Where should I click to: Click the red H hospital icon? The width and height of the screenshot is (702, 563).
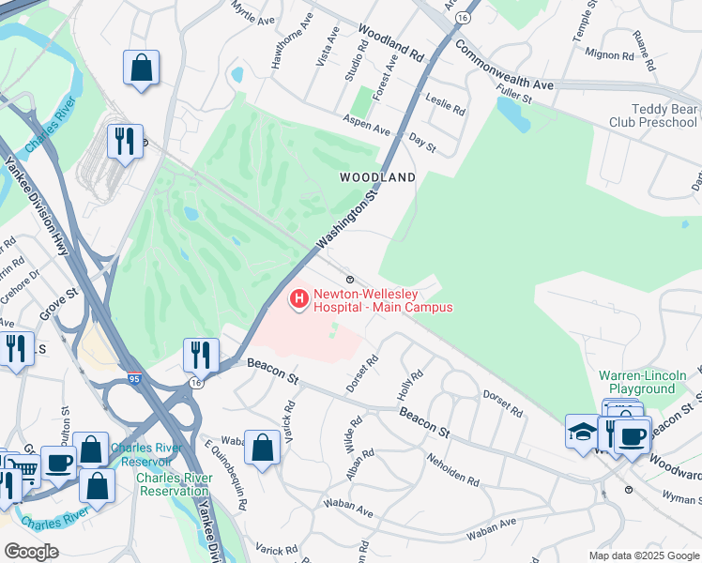(298, 300)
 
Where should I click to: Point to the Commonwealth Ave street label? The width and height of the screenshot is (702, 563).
(504, 66)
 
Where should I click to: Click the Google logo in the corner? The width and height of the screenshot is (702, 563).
(31, 552)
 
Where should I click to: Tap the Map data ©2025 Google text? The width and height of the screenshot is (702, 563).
(644, 555)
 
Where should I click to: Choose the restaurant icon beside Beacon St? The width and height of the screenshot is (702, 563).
(201, 355)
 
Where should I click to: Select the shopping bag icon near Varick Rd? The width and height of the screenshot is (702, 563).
(262, 447)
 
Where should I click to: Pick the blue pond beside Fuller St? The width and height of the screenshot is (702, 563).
(513, 114)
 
